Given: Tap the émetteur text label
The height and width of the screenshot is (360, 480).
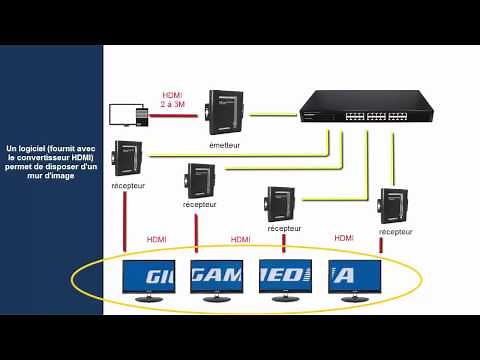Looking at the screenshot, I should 225,144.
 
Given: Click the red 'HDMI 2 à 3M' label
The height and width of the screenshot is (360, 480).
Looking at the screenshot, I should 172,100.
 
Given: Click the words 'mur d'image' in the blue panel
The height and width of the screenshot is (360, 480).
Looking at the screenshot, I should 52,177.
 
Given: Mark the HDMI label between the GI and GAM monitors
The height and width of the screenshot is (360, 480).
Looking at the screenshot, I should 157,240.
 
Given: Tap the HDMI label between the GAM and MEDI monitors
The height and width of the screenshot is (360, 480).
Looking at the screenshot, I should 240,240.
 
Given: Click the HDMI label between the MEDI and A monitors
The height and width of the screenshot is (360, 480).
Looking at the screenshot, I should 344,238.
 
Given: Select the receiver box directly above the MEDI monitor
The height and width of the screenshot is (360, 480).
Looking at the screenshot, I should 281,204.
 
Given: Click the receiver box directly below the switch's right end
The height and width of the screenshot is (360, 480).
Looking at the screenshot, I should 393,205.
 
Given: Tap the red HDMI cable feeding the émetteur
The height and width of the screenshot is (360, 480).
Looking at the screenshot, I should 175,115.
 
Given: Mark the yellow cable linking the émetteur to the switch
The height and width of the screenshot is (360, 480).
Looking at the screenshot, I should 272,114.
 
